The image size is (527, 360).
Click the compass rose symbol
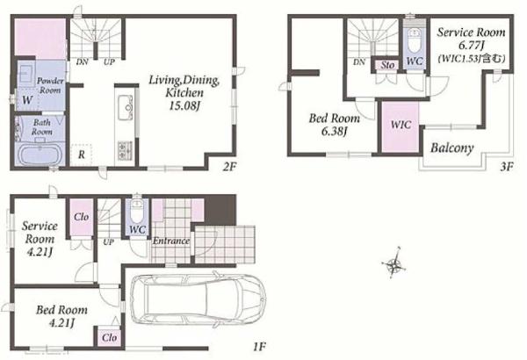click(x=393, y=263)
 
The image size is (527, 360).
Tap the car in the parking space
click(x=198, y=299)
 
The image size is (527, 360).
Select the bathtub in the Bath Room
click(x=40, y=155)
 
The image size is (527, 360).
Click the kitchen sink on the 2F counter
click(x=125, y=107)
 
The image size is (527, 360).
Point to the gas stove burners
click(x=125, y=150)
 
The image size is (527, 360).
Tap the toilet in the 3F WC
click(x=414, y=41)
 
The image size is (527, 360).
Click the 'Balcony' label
click(x=452, y=148)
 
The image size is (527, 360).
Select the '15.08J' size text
click(x=184, y=106)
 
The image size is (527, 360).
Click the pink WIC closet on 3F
click(x=401, y=127)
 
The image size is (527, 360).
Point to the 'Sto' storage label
click(x=387, y=65)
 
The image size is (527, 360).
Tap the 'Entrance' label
click(x=171, y=241)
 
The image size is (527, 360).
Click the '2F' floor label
click(x=230, y=167)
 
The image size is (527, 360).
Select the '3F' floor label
click(x=506, y=167)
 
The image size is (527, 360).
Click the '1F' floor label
click(x=259, y=346)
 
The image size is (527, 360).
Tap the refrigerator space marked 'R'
click(x=82, y=155)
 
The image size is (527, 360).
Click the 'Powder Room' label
click(x=50, y=85)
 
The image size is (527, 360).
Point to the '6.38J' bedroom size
click(x=334, y=132)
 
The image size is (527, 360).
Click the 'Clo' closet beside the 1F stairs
click(x=81, y=217)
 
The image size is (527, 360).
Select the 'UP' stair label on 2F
click(x=109, y=61)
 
